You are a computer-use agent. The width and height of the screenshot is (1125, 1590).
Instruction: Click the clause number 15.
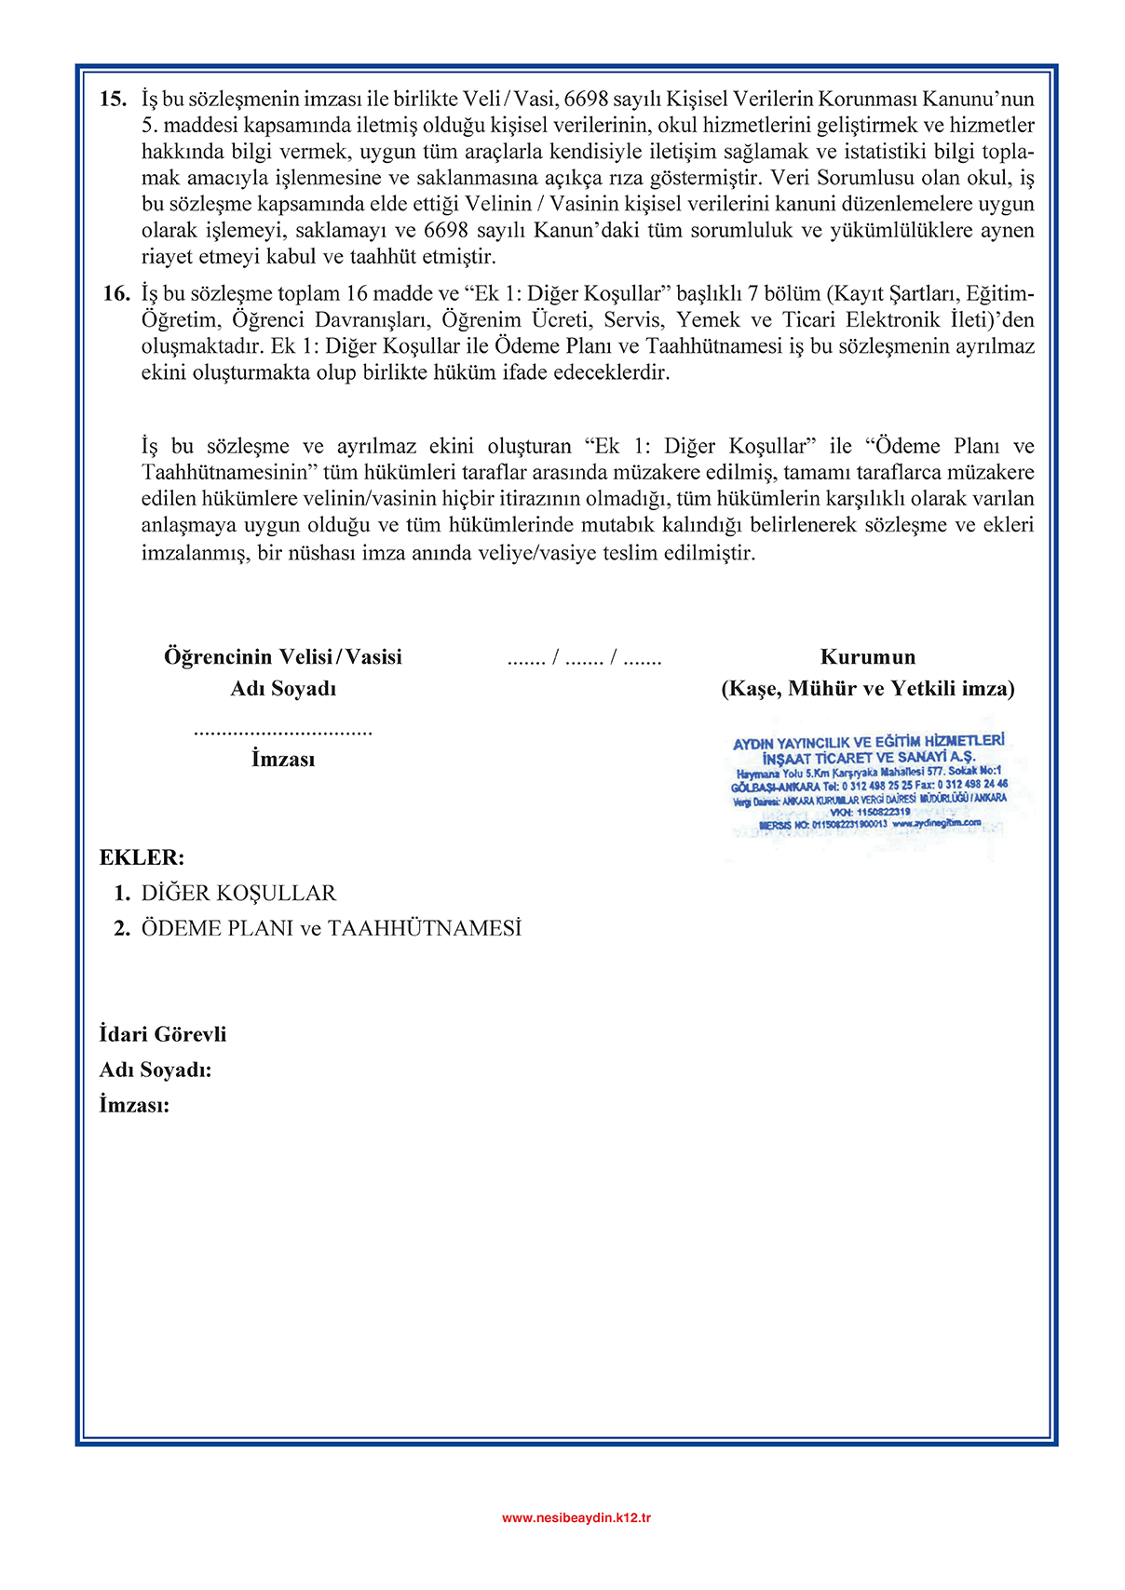[113, 99]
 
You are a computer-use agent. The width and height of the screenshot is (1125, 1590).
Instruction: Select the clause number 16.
[116, 294]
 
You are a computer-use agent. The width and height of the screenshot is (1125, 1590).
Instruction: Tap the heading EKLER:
[142, 857]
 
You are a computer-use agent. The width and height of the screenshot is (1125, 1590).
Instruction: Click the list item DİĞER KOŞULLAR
[238, 894]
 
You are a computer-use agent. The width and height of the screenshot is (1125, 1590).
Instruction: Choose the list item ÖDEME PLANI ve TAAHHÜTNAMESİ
[331, 929]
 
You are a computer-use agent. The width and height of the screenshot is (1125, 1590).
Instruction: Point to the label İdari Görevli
[163, 1035]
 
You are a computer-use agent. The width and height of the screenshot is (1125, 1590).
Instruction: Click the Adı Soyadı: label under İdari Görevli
[156, 1071]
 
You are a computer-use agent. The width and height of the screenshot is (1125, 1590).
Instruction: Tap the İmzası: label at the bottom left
[134, 1106]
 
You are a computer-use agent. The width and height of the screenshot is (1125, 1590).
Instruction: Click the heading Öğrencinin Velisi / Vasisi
[283, 657]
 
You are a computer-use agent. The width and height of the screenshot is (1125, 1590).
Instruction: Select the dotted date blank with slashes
[584, 659]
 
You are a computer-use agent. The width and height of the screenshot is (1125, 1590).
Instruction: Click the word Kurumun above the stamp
[868, 657]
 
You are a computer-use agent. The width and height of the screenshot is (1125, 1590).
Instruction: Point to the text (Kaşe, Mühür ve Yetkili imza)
[868, 689]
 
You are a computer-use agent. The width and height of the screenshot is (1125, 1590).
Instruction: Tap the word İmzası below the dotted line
[283, 760]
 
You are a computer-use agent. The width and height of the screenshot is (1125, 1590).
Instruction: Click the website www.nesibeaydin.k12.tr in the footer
[576, 1518]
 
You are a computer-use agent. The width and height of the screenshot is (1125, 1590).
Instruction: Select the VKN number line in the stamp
[870, 812]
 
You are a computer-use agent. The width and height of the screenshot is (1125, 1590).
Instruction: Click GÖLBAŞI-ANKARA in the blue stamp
[776, 787]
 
